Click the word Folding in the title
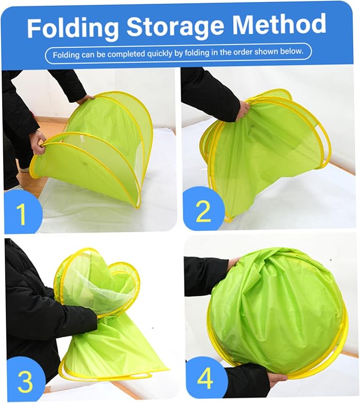tap(73, 28)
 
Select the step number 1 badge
tap(23, 212)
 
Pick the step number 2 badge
tap(203, 209)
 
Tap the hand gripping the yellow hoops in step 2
tap(243, 110)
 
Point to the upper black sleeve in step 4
tap(206, 276)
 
